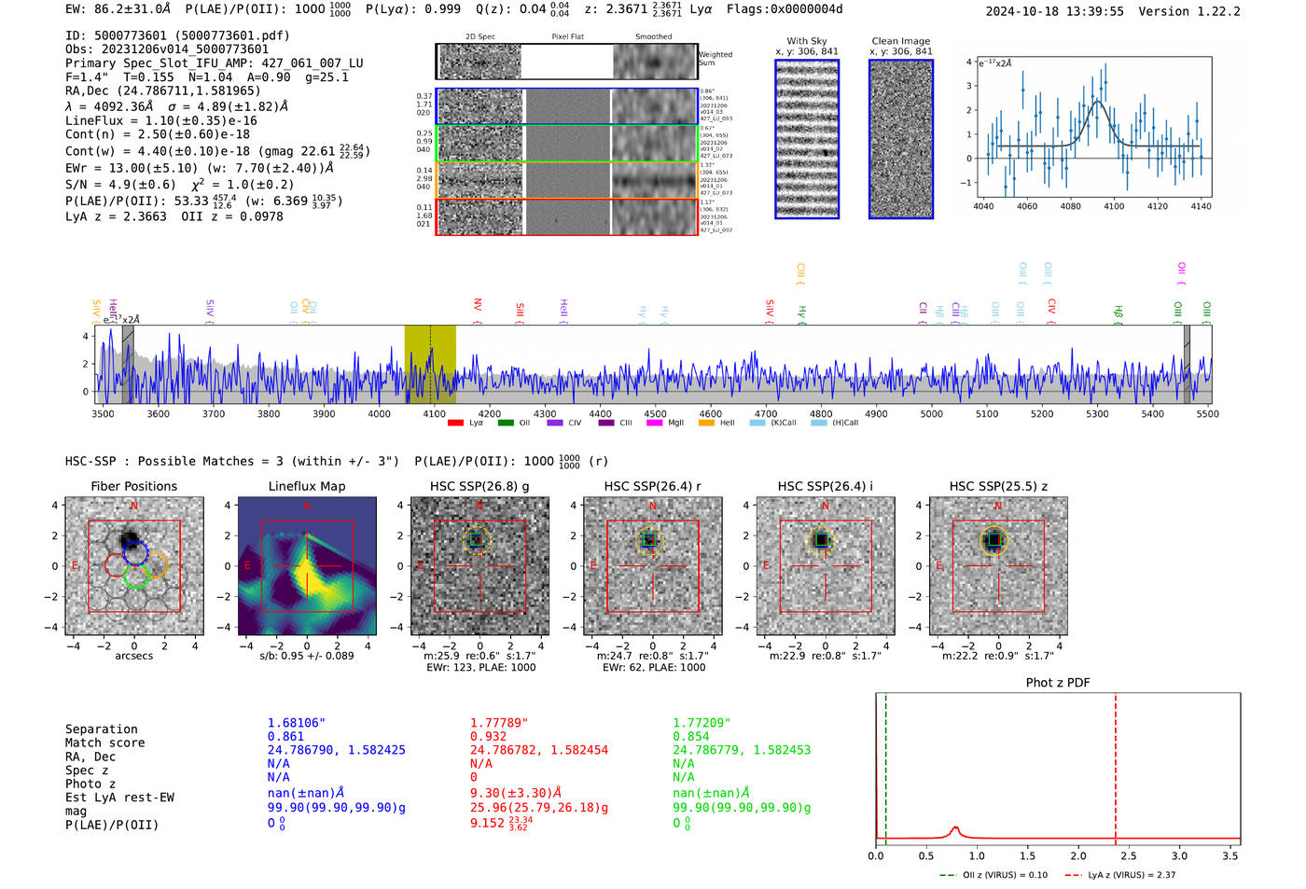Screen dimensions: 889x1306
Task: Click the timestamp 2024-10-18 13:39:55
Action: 1054,11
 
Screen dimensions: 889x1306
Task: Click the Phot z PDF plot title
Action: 1058,682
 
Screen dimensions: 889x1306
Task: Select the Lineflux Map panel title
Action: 307,486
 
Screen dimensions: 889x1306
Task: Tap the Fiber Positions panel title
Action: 133,486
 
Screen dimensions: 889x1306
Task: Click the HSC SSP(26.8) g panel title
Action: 479,486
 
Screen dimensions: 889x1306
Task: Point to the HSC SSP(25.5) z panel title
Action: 998,486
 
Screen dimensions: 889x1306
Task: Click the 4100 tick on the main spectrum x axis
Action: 434,413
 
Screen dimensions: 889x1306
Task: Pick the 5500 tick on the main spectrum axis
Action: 1207,413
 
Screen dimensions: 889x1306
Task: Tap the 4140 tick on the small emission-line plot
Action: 1201,206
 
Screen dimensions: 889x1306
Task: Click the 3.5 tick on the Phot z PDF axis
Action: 1230,855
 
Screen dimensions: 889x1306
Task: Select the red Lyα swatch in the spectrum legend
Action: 455,423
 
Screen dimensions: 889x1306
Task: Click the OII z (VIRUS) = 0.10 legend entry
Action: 994,875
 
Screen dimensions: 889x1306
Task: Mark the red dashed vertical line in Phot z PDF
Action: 1116,765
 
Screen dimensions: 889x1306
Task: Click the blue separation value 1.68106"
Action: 296,723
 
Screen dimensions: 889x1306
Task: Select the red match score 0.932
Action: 488,737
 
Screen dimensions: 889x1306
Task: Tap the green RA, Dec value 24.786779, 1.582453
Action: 742,750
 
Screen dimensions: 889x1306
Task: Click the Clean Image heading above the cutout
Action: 900,41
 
